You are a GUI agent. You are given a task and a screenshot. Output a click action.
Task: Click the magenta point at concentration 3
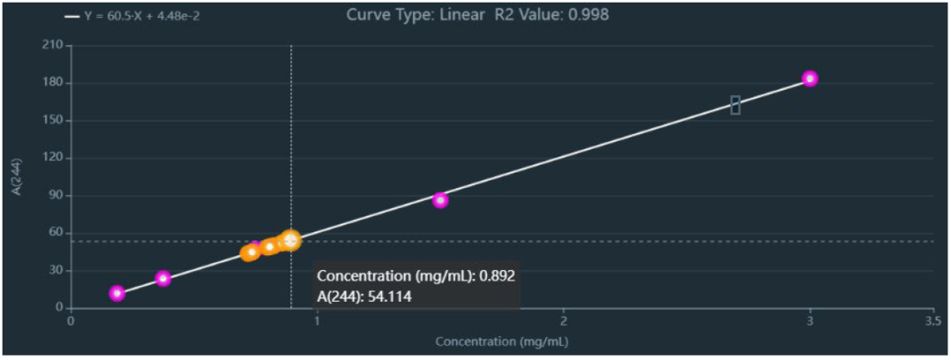[809, 78]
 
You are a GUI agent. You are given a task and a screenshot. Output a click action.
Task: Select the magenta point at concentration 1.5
[440, 200]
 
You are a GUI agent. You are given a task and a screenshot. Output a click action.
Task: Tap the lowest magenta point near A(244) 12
[116, 293]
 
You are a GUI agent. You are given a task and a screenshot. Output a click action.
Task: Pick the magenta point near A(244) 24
[163, 278]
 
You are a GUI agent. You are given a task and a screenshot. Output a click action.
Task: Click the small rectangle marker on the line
[735, 106]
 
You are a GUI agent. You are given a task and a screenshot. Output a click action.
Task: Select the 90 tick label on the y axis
[52, 195]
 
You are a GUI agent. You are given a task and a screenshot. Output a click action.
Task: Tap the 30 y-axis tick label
[52, 270]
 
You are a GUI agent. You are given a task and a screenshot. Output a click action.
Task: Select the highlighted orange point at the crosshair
[291, 239]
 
